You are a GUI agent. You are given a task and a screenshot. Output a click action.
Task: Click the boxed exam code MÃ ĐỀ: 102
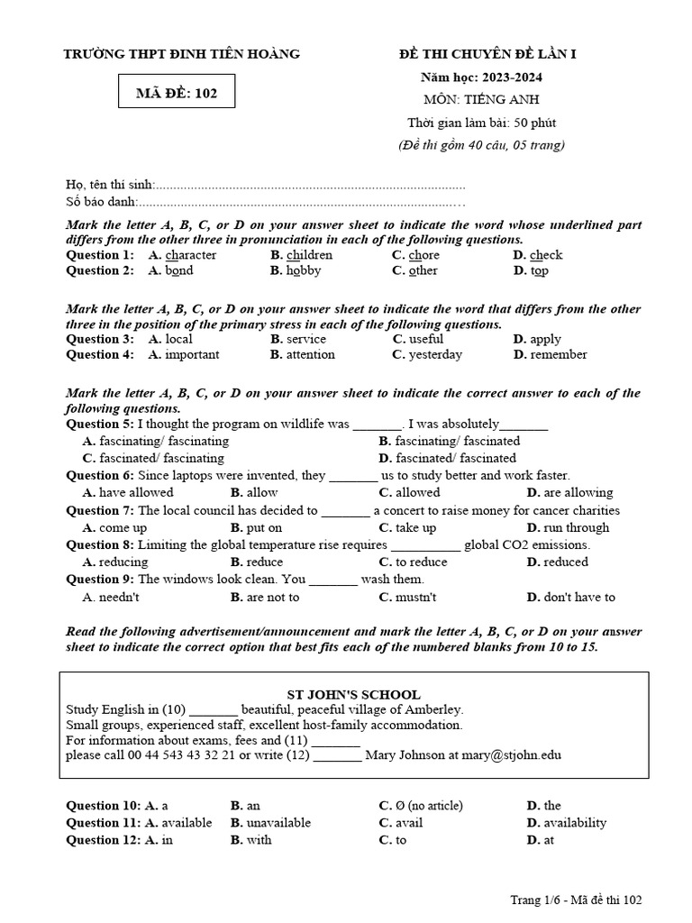click(177, 92)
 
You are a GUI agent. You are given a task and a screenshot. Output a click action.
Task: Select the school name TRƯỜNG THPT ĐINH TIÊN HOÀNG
click(181, 54)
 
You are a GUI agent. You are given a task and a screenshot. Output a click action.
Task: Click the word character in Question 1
click(190, 255)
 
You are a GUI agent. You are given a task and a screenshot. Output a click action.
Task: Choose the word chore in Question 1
click(423, 255)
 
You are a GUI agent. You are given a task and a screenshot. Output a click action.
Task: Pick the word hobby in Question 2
click(304, 270)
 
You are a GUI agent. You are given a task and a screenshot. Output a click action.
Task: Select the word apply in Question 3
click(545, 339)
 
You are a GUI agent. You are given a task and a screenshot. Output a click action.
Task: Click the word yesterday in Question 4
click(435, 354)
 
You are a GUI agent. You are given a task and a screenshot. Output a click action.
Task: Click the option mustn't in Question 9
click(416, 597)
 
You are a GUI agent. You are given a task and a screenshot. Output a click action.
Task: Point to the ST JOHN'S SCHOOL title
click(353, 694)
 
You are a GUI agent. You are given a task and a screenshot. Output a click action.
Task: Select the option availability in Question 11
click(575, 822)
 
